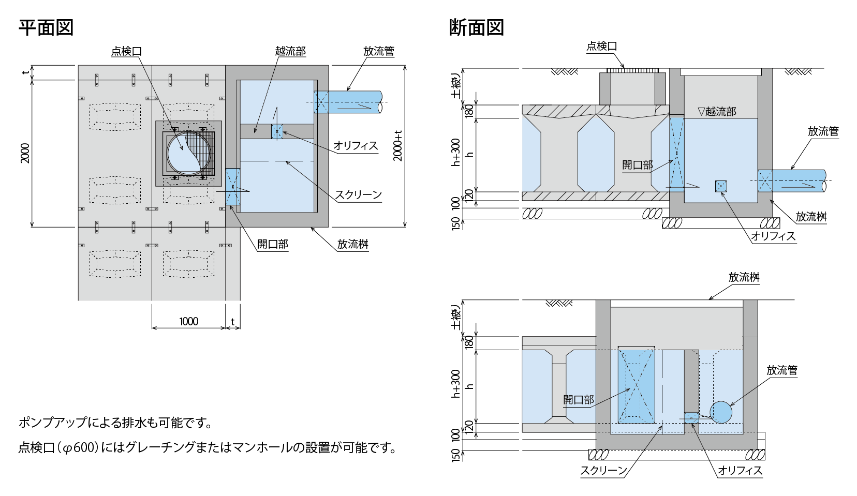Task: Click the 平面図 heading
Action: (46, 27)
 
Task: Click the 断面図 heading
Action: (476, 27)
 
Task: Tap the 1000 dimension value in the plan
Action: (188, 321)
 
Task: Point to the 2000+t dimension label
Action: (398, 146)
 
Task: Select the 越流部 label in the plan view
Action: (290, 51)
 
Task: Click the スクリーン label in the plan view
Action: (359, 195)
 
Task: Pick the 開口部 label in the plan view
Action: (272, 244)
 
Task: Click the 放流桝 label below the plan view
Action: (353, 244)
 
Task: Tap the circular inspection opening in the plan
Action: (189, 153)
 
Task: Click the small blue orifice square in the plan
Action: (277, 131)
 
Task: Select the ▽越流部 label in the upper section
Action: (717, 111)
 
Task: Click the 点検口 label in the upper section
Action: (602, 46)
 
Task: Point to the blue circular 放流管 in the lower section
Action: (721, 412)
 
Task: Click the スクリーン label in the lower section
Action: (604, 470)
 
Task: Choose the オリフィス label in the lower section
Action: (740, 470)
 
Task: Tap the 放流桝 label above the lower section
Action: (744, 277)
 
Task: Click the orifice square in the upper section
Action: (721, 186)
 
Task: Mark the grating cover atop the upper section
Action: (632, 70)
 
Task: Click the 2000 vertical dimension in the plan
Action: (25, 153)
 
